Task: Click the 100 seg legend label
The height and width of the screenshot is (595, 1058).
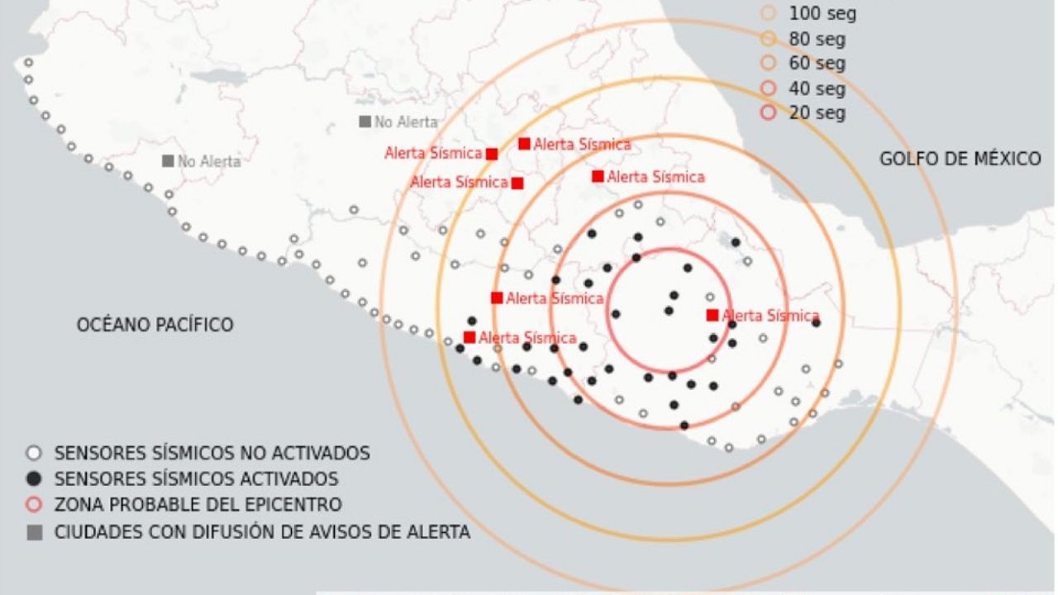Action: click(822, 14)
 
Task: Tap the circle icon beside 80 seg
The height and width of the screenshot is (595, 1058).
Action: click(769, 39)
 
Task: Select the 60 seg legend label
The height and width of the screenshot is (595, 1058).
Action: click(817, 64)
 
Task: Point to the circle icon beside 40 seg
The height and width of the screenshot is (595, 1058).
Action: click(769, 88)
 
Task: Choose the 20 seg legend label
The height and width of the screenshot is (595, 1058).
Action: click(817, 113)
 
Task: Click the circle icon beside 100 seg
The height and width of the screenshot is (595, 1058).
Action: click(769, 13)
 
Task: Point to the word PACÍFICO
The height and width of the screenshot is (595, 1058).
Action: click(196, 326)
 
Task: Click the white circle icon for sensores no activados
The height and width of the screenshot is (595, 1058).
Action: click(34, 453)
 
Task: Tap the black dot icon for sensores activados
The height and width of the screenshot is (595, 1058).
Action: click(34, 478)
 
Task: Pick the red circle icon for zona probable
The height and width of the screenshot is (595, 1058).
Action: click(34, 504)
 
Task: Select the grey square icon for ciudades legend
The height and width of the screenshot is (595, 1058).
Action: click(34, 533)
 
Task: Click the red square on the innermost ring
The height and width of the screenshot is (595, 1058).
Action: click(712, 315)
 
